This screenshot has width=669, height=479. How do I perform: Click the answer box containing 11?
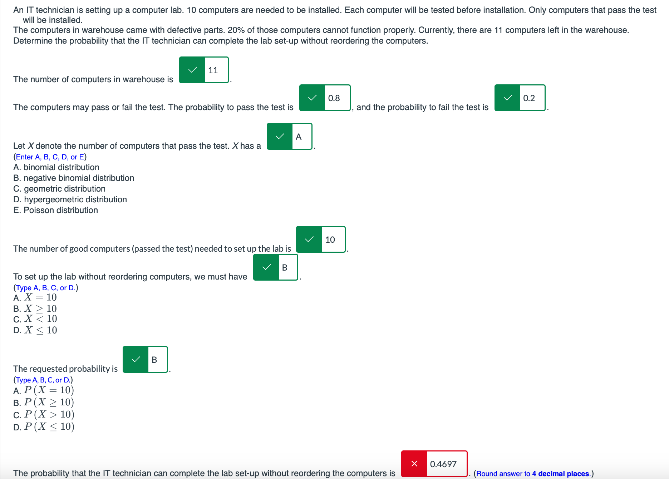pos(216,70)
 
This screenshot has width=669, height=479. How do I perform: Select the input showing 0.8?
pos(337,98)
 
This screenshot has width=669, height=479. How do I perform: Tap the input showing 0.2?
pos(532,98)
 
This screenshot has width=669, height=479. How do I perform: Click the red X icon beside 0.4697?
pos(414,464)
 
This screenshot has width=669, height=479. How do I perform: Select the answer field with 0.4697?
pos(446,464)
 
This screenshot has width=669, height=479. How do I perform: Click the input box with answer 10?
pos(333,239)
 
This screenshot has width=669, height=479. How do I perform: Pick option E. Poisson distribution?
pos(55,210)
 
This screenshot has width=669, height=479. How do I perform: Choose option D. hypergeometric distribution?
pos(70,199)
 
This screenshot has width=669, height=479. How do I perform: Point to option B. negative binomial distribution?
pos(74,178)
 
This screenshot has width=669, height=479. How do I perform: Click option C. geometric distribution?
pos(59,189)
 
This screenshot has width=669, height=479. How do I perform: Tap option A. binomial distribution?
pos(56,167)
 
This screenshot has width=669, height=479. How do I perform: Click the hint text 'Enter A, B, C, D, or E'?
pos(50,157)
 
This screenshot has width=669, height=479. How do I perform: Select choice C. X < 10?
pos(35,319)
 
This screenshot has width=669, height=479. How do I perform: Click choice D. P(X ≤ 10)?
pos(44,427)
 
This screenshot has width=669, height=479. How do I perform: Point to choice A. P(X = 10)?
pos(44,390)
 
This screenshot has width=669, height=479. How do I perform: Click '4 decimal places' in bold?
pos(560,474)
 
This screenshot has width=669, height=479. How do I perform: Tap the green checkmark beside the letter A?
pos(280,137)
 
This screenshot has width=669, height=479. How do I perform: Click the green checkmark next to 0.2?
pos(507,98)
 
